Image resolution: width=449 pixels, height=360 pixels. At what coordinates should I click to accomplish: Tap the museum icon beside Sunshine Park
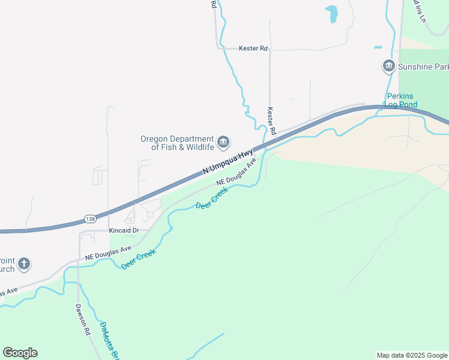[x=388, y=65]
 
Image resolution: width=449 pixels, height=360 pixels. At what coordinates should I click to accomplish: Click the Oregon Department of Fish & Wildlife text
[x=177, y=143]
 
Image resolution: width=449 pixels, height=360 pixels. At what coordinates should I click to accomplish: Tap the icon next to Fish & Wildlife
[x=223, y=142]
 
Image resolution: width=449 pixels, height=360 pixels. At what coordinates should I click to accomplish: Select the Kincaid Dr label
[x=124, y=230]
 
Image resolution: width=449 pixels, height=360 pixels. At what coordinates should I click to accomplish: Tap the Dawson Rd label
[x=82, y=319]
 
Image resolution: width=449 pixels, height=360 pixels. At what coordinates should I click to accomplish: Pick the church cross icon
[x=23, y=263]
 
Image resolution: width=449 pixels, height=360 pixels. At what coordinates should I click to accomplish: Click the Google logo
[x=20, y=353]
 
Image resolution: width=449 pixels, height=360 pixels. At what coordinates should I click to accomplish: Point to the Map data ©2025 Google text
[x=412, y=355]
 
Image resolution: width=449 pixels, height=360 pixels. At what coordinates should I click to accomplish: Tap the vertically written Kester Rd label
[x=271, y=120]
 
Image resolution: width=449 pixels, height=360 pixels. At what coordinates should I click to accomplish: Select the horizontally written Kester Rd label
[x=253, y=48]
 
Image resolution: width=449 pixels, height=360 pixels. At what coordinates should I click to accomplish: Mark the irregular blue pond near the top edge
[x=331, y=13]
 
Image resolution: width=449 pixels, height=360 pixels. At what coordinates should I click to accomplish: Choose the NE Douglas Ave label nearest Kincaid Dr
[x=108, y=253]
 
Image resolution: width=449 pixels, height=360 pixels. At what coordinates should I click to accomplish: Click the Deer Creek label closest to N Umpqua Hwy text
[x=212, y=198]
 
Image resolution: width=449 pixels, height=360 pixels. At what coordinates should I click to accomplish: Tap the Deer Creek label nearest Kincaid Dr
[x=139, y=259]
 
